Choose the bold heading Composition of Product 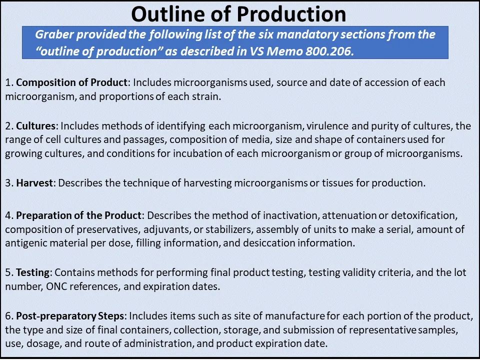pyautogui.click(x=72, y=82)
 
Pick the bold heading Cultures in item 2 pyautogui.click(x=34, y=125)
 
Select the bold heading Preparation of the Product pyautogui.click(x=79, y=215)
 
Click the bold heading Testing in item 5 pyautogui.click(x=32, y=272)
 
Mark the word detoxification pyautogui.click(x=425, y=215)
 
